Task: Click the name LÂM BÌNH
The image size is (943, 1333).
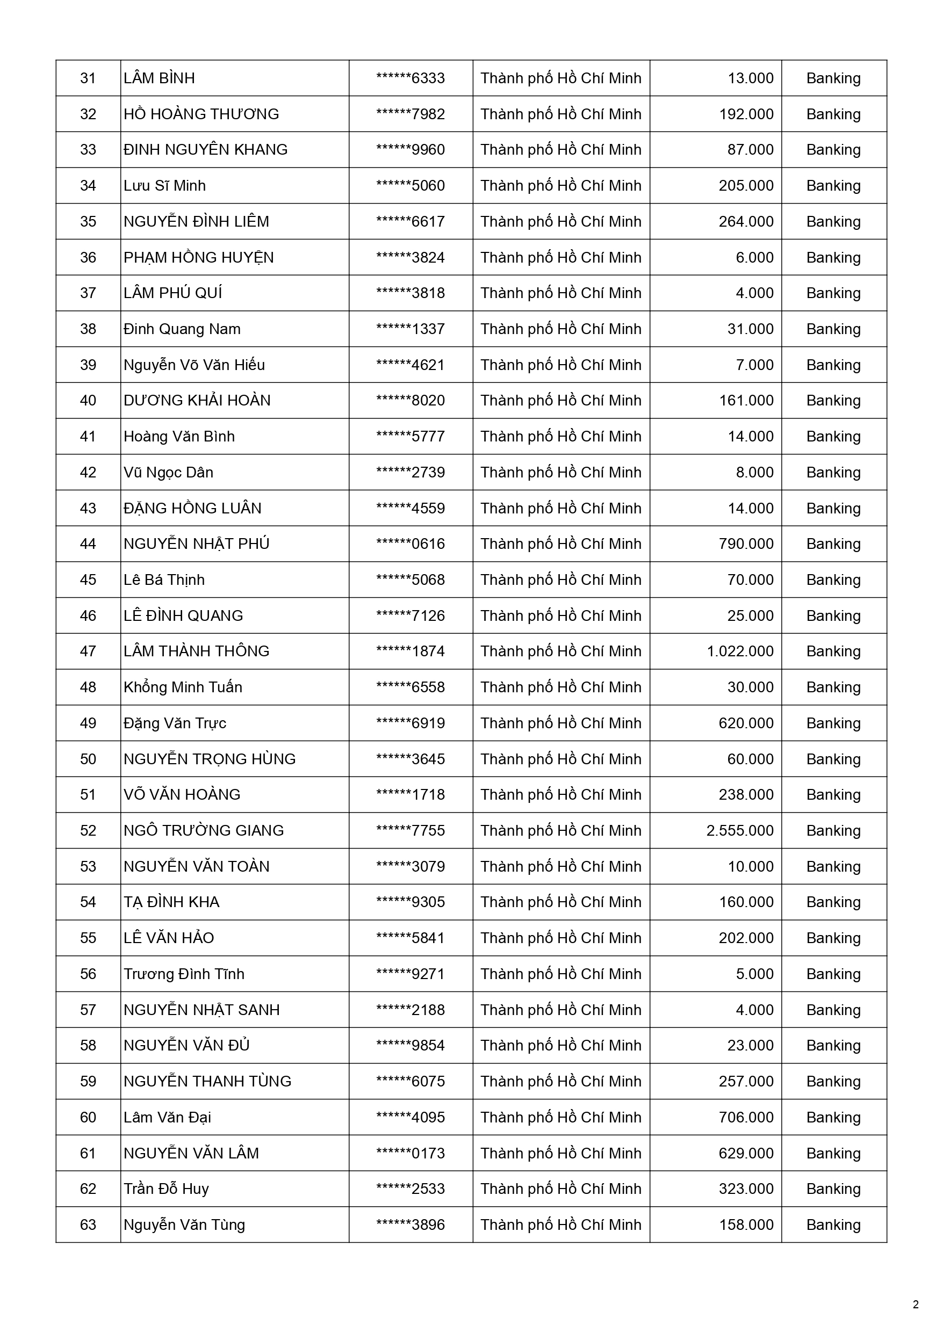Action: pos(159,78)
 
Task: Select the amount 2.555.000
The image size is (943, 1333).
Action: pos(740,830)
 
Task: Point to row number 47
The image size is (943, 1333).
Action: pos(88,651)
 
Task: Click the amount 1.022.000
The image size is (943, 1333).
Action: pos(740,651)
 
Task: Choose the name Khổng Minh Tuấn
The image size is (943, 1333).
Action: pos(183,687)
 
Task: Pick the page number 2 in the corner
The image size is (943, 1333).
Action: pos(916,1305)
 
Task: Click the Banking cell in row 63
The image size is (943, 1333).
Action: pos(833,1225)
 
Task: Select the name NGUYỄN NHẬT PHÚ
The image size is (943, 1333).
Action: pos(196,544)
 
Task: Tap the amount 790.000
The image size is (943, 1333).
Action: pos(746,544)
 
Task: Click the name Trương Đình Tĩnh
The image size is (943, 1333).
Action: pos(184,974)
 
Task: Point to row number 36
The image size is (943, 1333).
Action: pos(88,257)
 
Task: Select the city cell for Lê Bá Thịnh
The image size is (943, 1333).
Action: pos(560,579)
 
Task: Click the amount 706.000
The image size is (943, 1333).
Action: pos(746,1117)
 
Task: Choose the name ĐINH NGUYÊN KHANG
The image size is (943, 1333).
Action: pos(206,150)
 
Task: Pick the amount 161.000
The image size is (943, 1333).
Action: pos(746,401)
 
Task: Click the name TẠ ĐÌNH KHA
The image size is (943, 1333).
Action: pos(171,902)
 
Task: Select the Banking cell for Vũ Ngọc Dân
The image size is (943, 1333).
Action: pos(833,472)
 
